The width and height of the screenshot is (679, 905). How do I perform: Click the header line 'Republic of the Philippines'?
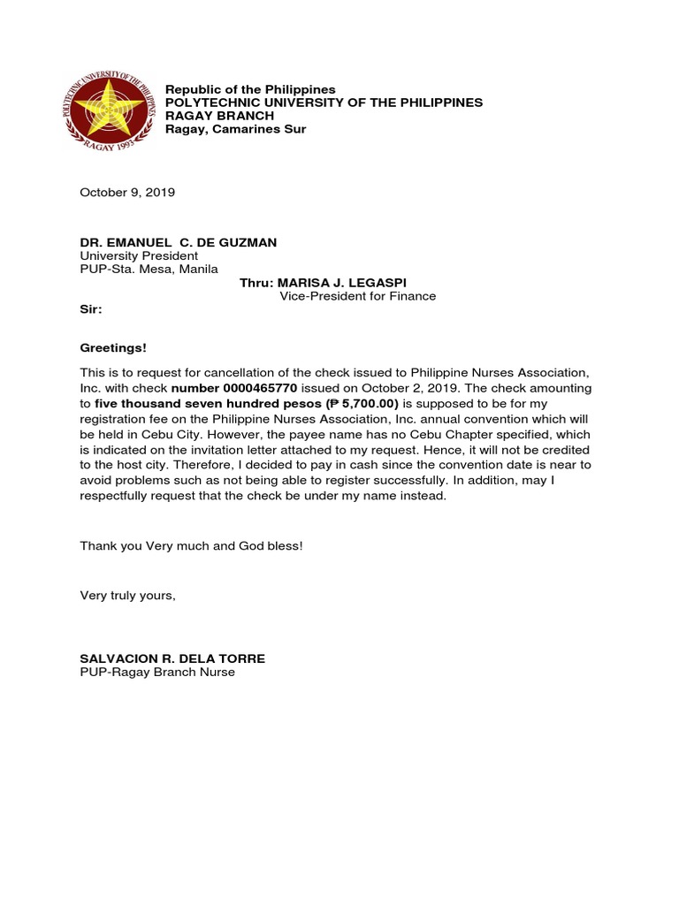click(x=251, y=89)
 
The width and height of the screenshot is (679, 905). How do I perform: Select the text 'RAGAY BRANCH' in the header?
click(x=220, y=116)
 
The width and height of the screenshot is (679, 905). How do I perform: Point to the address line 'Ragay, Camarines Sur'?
click(x=236, y=129)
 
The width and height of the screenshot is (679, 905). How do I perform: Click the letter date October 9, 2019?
click(x=127, y=192)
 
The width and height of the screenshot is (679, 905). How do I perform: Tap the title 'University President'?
click(x=139, y=256)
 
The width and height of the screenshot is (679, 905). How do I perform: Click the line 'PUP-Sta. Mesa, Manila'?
click(x=149, y=270)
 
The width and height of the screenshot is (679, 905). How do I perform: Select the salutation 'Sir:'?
click(x=91, y=310)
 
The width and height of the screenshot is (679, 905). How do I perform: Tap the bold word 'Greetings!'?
click(x=113, y=348)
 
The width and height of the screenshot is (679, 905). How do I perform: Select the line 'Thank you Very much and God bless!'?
click(x=192, y=545)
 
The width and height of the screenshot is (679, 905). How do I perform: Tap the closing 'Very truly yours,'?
click(x=128, y=596)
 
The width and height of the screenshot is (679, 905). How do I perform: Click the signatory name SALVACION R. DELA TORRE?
click(x=172, y=658)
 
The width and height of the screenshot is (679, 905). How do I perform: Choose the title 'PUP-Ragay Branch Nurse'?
click(x=157, y=673)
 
